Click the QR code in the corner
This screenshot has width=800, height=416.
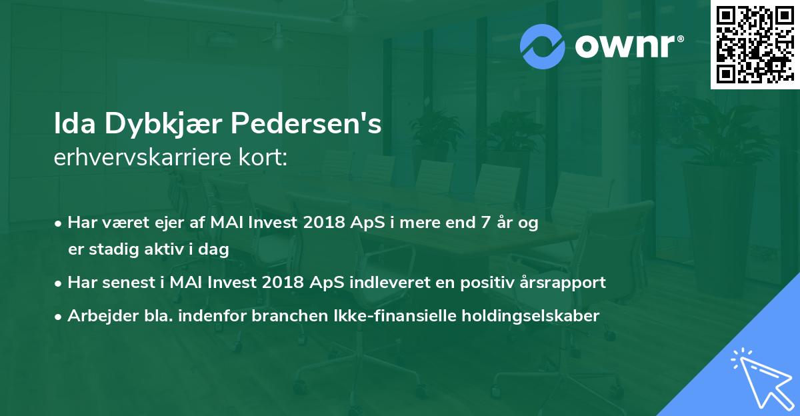point(755,44)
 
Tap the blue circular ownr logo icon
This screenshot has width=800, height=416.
point(543,47)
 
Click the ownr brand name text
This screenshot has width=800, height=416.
point(629,46)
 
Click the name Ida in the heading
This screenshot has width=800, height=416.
point(75,123)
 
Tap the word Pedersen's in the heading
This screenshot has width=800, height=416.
point(306,123)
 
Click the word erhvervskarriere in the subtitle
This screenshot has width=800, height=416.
point(143,157)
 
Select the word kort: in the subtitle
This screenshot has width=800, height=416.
point(263,157)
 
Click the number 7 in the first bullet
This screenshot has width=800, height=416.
point(485,222)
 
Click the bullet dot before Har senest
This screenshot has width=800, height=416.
point(58,283)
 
